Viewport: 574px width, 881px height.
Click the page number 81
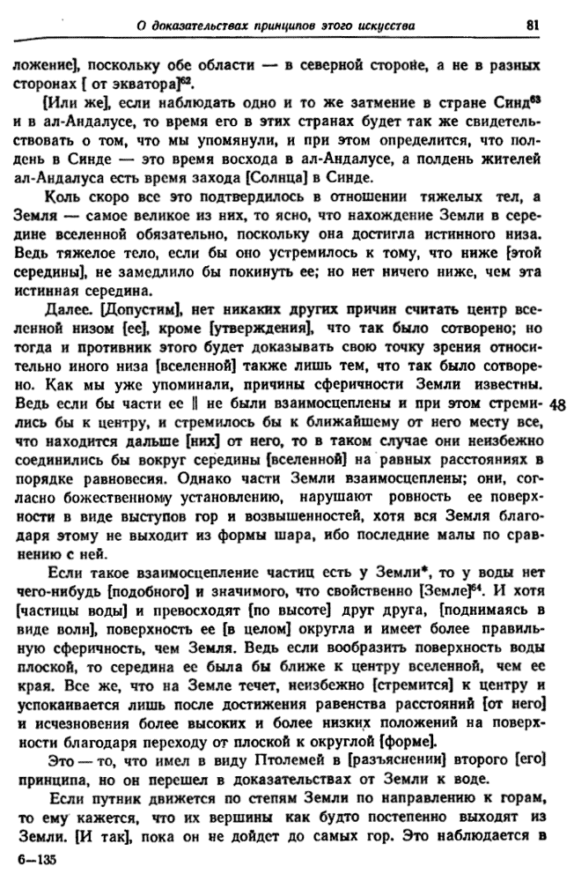click(532, 24)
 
